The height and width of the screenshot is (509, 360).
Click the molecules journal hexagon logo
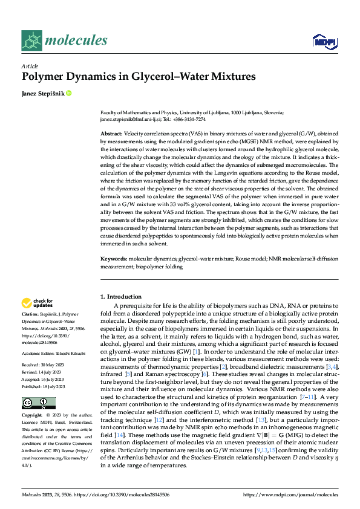pos(31,40)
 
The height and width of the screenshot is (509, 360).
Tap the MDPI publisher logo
pos(324,41)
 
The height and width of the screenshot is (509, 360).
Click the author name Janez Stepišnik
pos(42,93)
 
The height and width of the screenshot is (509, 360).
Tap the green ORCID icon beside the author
pos(69,93)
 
